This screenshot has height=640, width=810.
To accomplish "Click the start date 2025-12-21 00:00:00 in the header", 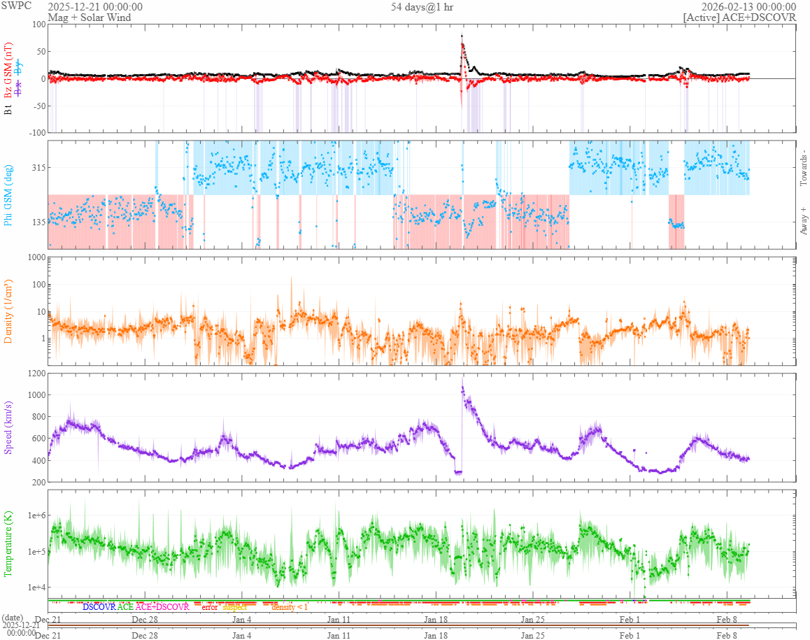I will (x=95, y=7).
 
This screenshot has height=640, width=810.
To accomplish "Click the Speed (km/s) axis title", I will (x=8, y=427).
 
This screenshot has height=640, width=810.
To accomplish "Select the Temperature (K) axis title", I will (x=8, y=543).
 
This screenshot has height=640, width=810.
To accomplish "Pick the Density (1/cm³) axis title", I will (x=8, y=311).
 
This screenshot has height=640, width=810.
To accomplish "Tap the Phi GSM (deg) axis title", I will (x=8, y=194).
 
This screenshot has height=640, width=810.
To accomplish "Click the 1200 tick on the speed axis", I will (x=35, y=374).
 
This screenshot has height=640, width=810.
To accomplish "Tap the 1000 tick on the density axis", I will (x=35, y=257).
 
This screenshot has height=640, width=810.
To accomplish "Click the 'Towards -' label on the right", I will (x=803, y=168).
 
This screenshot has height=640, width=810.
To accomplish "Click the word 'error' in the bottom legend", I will (x=210, y=607).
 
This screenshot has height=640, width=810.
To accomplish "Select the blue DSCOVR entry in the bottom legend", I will (x=99, y=607).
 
